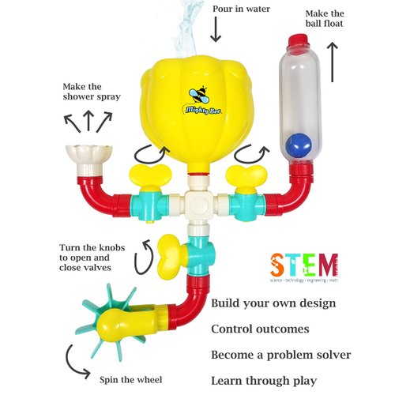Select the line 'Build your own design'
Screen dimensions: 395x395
tap(273, 303)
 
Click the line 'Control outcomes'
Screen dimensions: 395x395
tap(261, 329)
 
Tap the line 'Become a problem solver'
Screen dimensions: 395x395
tap(280, 355)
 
